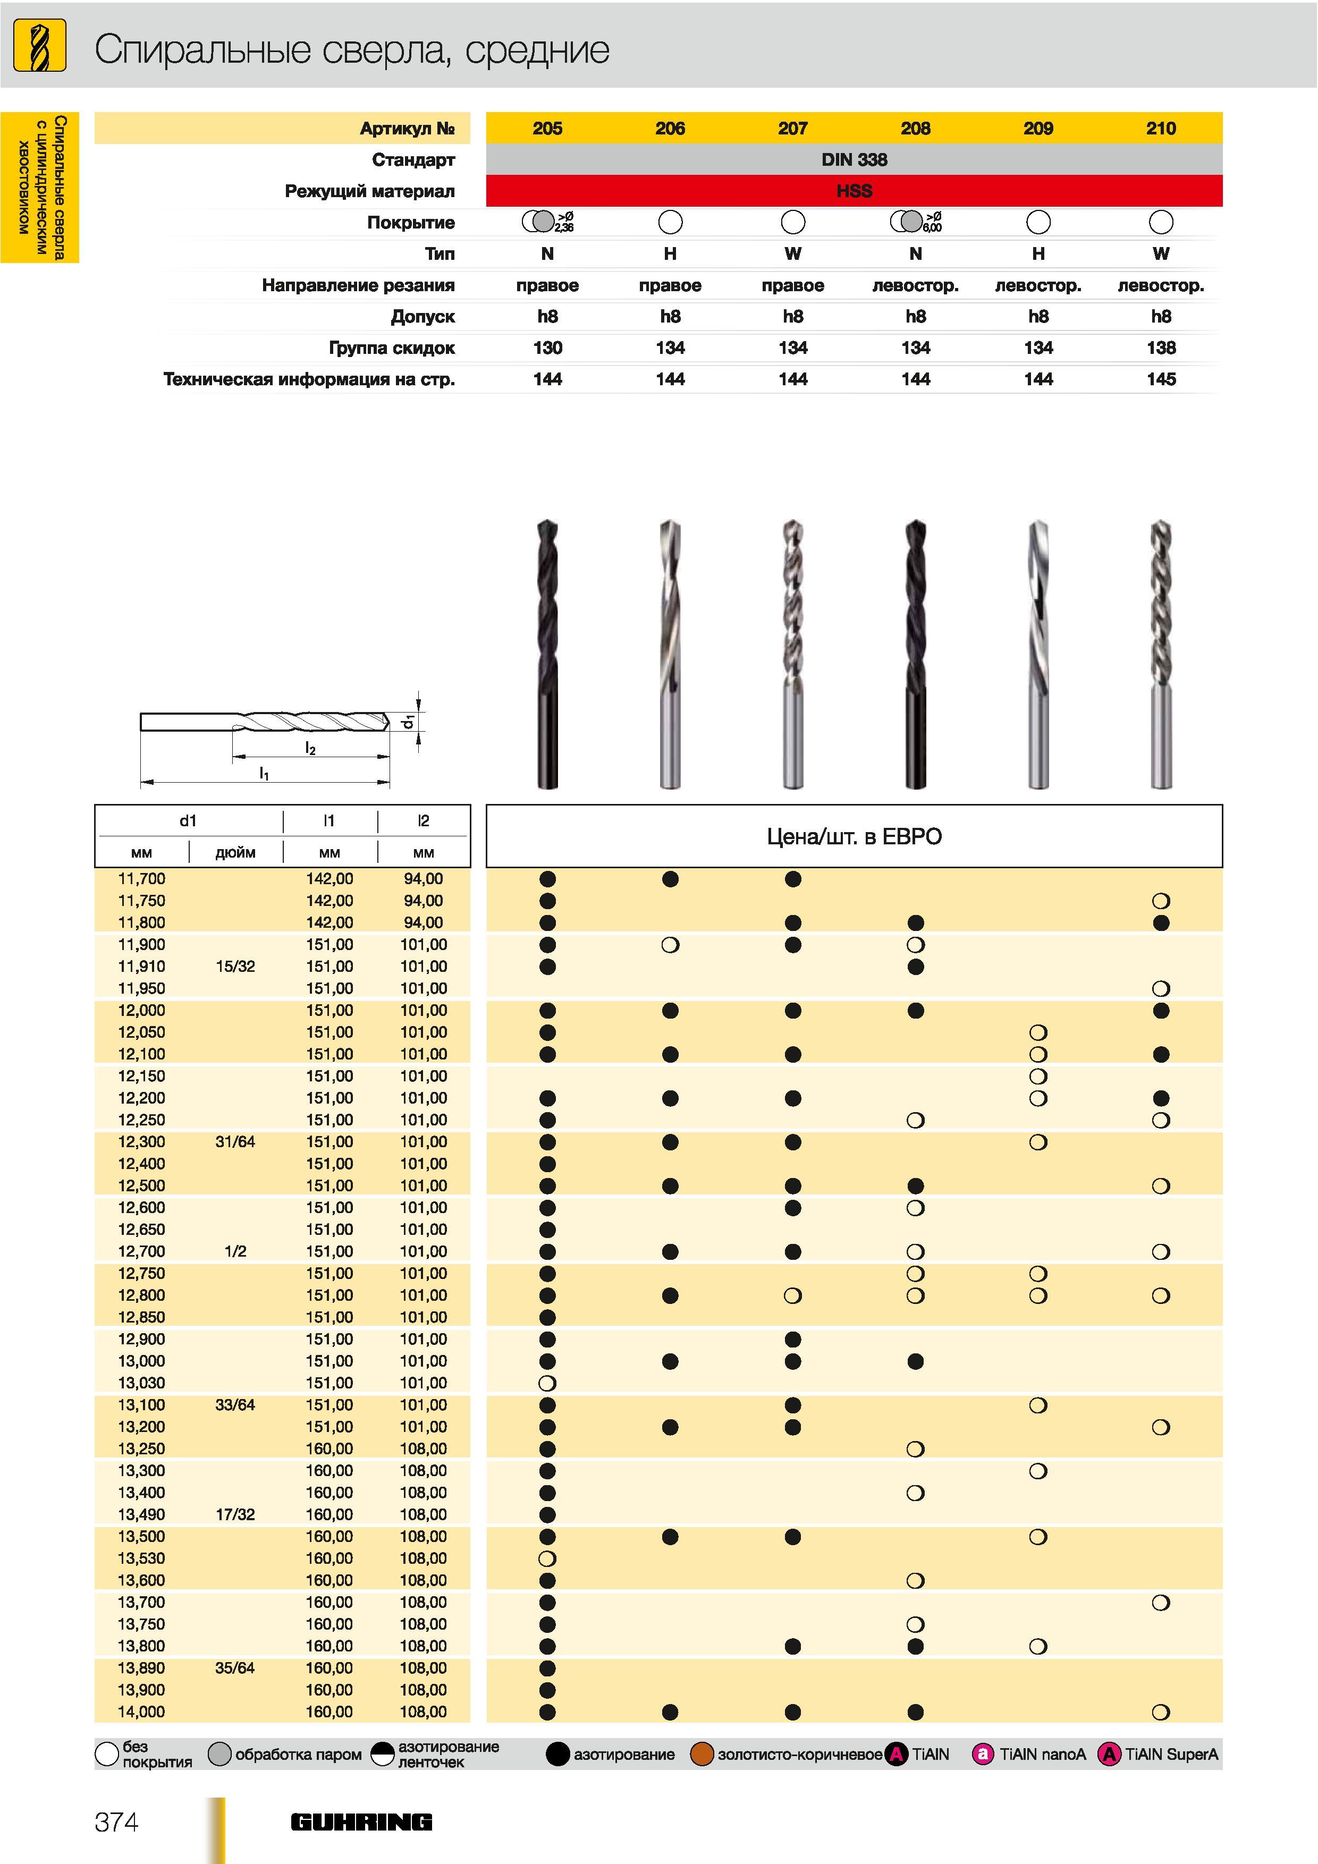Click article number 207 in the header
coord(792,128)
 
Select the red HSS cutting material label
coord(854,191)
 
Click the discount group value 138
coord(1161,348)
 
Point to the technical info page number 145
coord(1161,379)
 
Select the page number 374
coord(116,1823)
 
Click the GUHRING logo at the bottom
coord(361,1823)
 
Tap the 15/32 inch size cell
coord(235,966)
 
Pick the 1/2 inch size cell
coord(235,1251)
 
